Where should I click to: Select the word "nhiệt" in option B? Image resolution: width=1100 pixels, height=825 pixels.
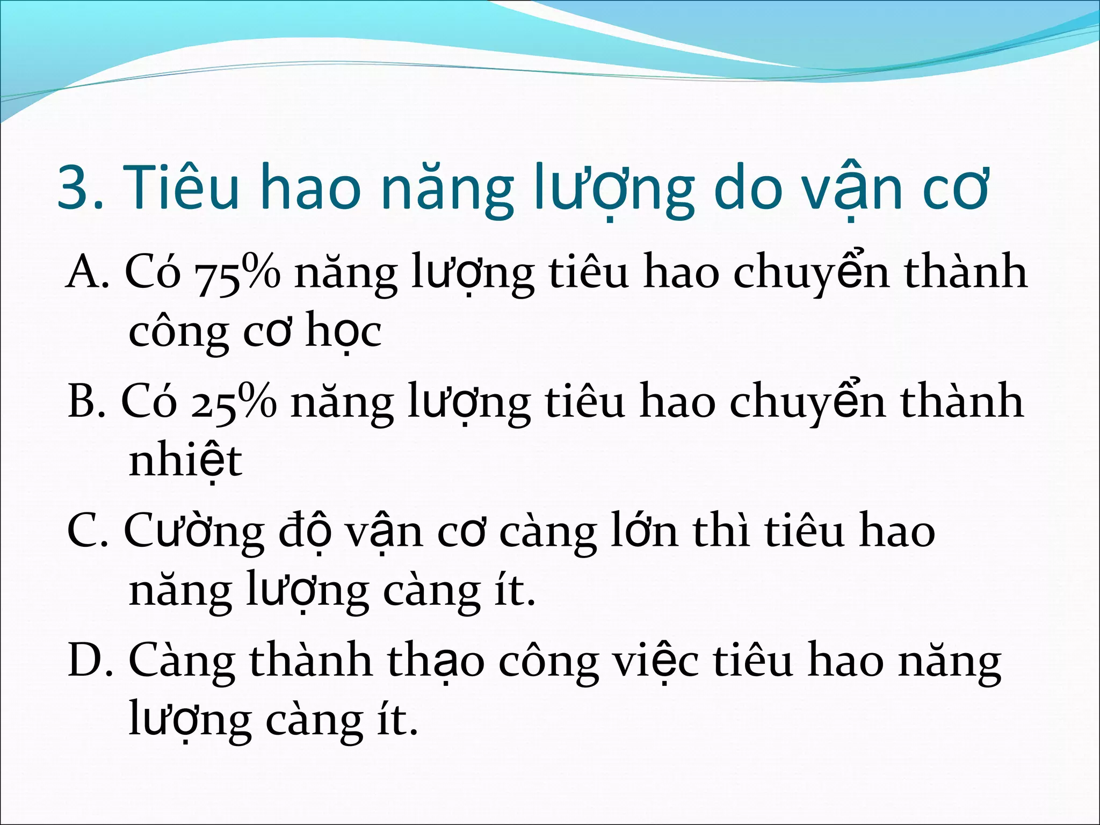185,461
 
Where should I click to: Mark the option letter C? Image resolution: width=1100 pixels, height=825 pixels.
86,532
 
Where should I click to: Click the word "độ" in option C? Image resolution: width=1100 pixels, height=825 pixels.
303,532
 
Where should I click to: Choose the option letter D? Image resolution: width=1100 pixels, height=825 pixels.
89,661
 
